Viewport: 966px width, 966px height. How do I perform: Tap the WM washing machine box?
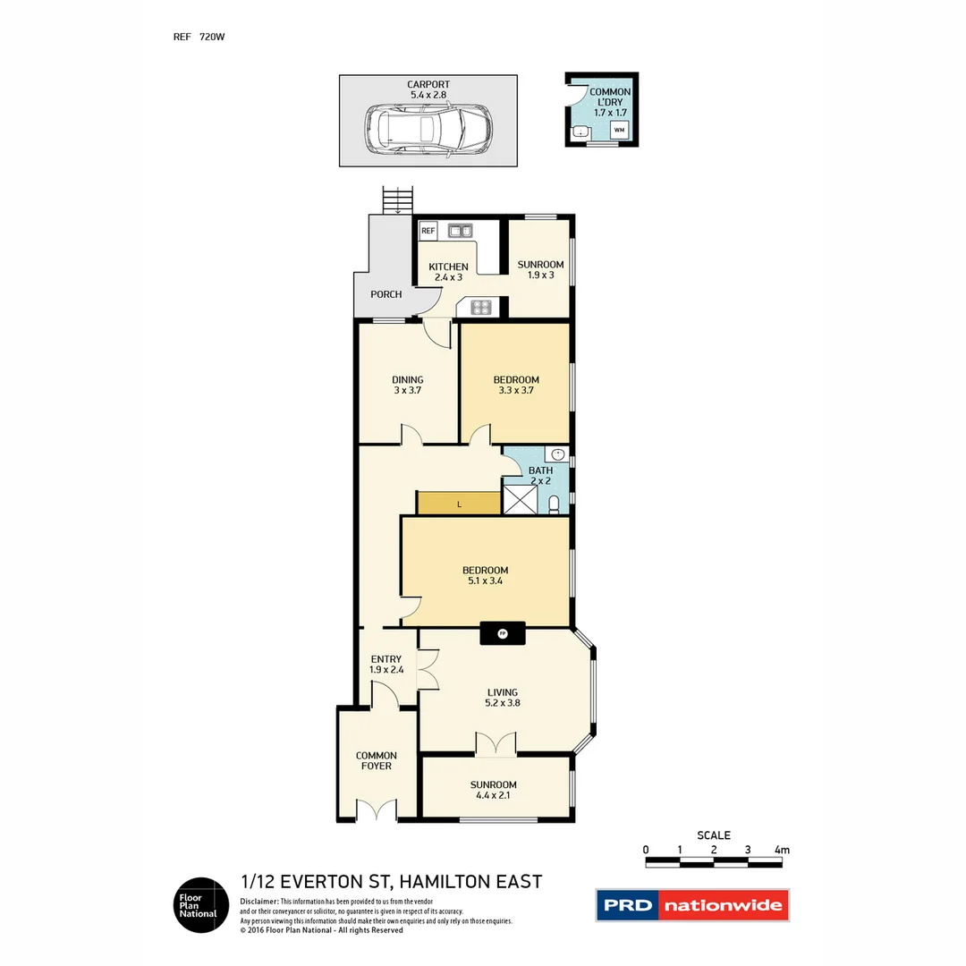[x=619, y=131]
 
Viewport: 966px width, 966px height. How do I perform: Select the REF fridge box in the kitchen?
[x=428, y=231]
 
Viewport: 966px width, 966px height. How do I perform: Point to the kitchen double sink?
[x=461, y=231]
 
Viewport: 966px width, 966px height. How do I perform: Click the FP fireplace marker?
[x=503, y=634]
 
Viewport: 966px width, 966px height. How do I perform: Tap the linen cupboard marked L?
[x=459, y=504]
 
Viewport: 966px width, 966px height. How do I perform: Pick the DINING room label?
[x=407, y=380]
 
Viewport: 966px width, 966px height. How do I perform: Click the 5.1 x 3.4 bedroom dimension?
[x=485, y=581]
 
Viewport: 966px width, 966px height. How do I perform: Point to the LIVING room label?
[x=502, y=691]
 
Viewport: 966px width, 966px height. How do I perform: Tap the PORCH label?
[x=386, y=294]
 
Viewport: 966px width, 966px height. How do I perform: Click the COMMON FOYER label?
[x=376, y=760]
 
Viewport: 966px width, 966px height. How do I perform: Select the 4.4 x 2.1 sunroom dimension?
[x=494, y=795]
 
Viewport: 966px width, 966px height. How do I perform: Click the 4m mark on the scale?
[x=782, y=850]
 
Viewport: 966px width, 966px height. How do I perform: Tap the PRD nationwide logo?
[x=692, y=905]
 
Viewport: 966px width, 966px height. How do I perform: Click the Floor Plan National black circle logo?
[x=199, y=905]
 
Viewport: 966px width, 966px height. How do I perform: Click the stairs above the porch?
[x=397, y=200]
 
